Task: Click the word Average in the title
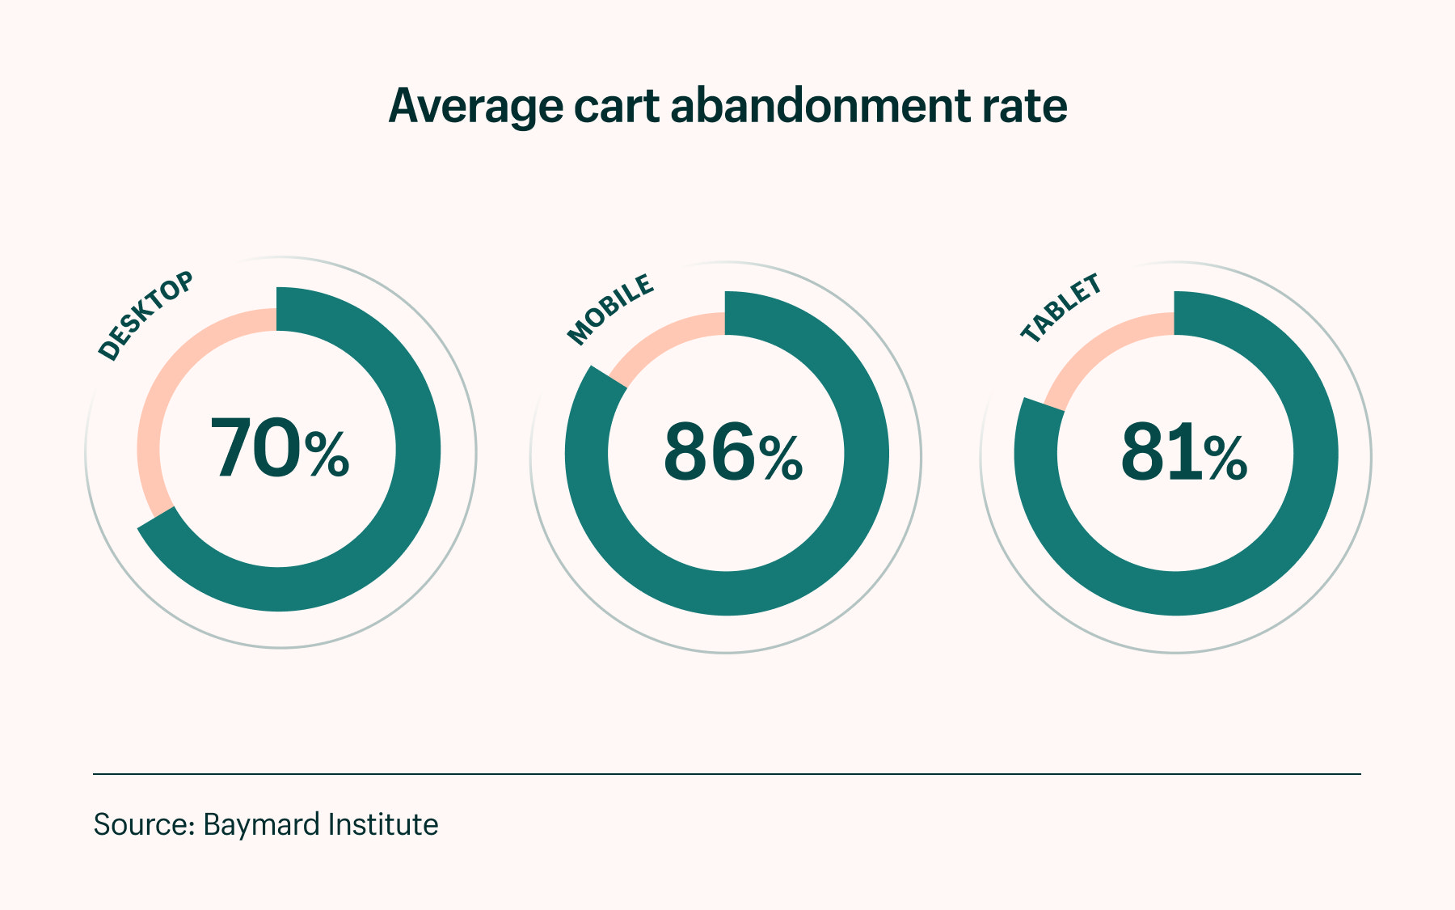coord(475,106)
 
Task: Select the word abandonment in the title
coord(820,106)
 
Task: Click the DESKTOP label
coord(146,315)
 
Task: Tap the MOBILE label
coord(611,309)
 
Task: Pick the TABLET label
coord(1061,308)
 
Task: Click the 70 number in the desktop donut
coord(255,449)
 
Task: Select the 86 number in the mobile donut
coord(709,453)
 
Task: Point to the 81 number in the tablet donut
coord(1159,453)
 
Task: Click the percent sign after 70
coord(327,455)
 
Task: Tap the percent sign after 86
coord(781,459)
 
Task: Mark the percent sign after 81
coord(1225,459)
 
